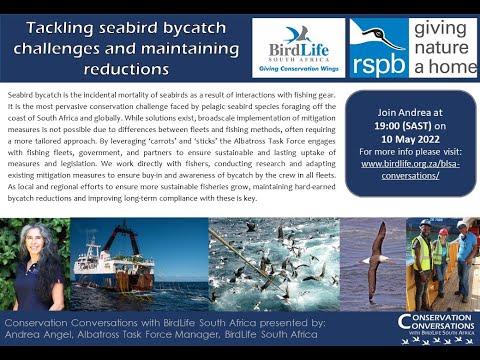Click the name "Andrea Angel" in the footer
pyautogui.click(x=41, y=337)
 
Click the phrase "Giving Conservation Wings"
pyautogui.click(x=298, y=67)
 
